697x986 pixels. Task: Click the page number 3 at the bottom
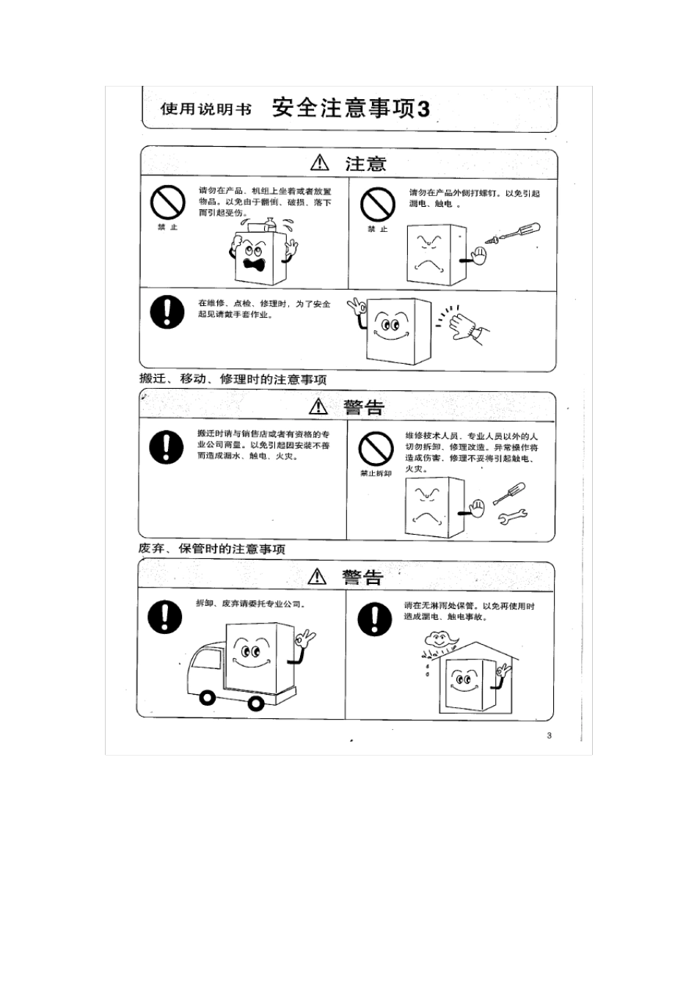click(x=549, y=736)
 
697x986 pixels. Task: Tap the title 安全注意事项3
click(x=351, y=109)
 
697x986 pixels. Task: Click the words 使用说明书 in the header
click(x=206, y=109)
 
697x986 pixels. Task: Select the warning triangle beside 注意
click(x=320, y=163)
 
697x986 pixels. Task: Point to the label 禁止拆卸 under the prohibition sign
click(x=376, y=473)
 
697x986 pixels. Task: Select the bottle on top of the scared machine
click(x=269, y=224)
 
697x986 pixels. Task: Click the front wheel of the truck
click(x=207, y=698)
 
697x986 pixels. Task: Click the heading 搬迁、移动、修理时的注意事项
click(x=233, y=379)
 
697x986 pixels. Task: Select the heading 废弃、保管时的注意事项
click(x=212, y=549)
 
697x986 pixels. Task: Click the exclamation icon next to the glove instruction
click(x=167, y=311)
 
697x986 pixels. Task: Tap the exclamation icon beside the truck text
click(x=164, y=616)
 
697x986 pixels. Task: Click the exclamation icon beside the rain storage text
click(x=375, y=618)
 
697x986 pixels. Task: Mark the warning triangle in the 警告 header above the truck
click(x=317, y=577)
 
